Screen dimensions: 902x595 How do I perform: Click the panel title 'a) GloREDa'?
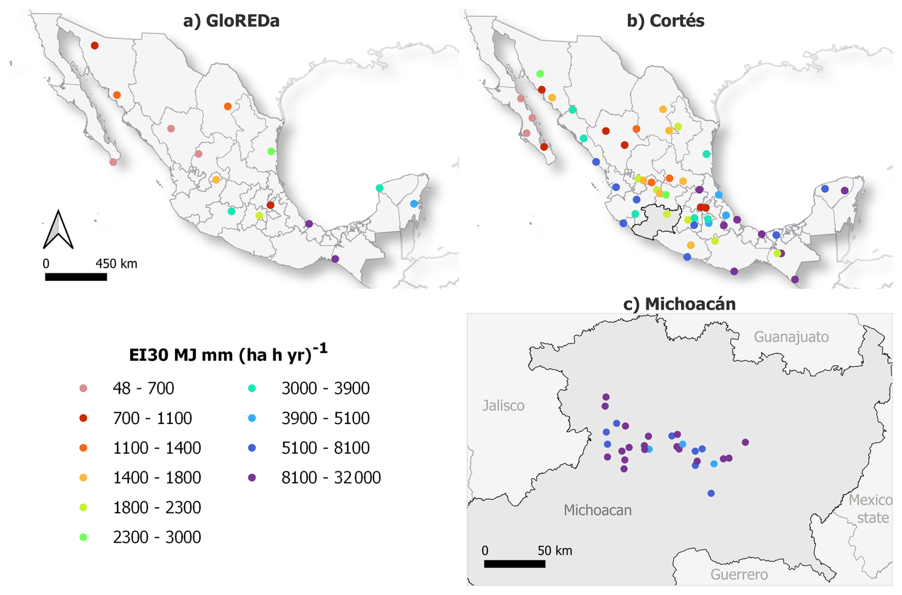coord(231,21)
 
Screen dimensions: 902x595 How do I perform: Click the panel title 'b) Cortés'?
coord(665,21)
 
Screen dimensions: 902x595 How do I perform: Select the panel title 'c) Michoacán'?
coord(679,303)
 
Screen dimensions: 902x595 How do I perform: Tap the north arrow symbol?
coord(58,230)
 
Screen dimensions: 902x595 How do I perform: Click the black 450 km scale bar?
coord(76,277)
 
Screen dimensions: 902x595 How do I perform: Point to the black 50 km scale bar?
coord(514,564)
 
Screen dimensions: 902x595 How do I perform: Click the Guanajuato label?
coord(791,337)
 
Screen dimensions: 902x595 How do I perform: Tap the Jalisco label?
coord(503,405)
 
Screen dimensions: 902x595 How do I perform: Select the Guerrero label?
coord(739,575)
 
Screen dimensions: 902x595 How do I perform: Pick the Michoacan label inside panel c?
coord(597,510)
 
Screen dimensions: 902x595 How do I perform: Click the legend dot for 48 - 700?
coord(83,388)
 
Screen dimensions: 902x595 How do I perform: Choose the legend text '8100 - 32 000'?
coord(331,477)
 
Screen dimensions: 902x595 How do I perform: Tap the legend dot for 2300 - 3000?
coord(83,537)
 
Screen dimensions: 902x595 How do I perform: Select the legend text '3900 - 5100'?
coord(325,418)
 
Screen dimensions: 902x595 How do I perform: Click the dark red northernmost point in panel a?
coord(95,46)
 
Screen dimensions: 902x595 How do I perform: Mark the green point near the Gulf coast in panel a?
coord(271,151)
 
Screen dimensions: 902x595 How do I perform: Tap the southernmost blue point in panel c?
coord(711,494)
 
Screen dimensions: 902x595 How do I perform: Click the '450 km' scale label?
coord(116,264)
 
